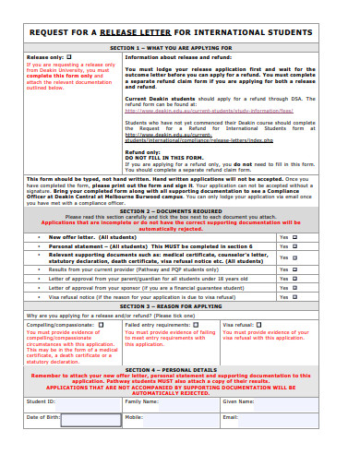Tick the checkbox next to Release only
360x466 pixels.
click(68, 56)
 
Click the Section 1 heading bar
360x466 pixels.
click(181, 46)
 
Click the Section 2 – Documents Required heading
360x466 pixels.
click(181, 210)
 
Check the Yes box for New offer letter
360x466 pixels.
click(295, 237)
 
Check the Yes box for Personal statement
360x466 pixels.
click(295, 246)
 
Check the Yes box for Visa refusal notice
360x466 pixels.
click(295, 298)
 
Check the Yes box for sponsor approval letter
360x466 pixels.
click(295, 288)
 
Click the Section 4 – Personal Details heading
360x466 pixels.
click(181, 369)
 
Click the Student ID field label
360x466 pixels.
click(41, 401)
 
